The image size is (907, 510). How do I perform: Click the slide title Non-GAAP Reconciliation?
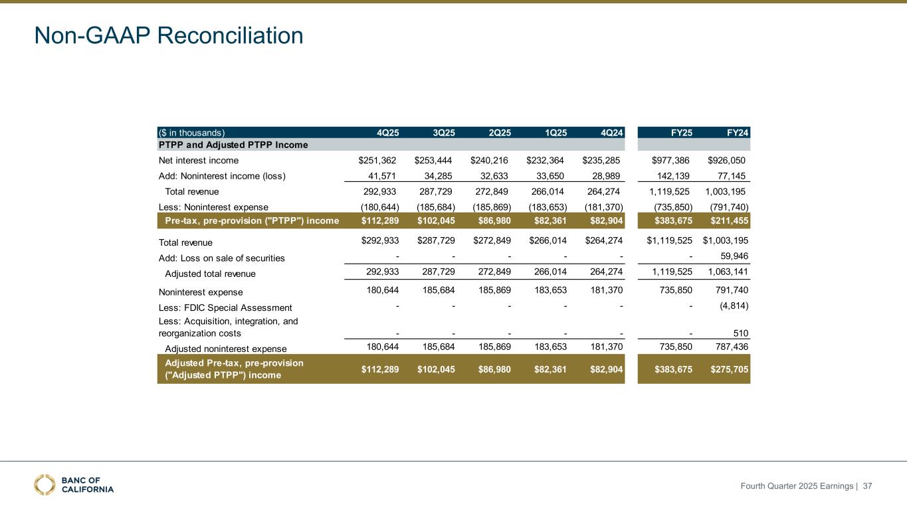click(169, 35)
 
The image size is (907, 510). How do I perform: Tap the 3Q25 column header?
click(443, 132)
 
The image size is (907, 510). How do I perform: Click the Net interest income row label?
click(198, 161)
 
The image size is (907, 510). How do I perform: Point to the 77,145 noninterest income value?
click(729, 176)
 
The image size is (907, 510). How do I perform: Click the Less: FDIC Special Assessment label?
click(225, 307)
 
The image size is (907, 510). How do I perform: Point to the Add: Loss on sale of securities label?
click(223, 258)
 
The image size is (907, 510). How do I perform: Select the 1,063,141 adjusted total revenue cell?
click(725, 273)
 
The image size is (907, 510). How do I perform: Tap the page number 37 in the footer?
click(867, 487)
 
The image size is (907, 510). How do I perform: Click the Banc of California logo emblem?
click(45, 485)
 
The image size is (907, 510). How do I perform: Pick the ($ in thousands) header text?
click(192, 132)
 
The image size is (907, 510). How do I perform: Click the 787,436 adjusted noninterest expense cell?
click(729, 348)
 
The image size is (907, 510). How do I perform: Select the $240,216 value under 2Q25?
click(489, 161)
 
